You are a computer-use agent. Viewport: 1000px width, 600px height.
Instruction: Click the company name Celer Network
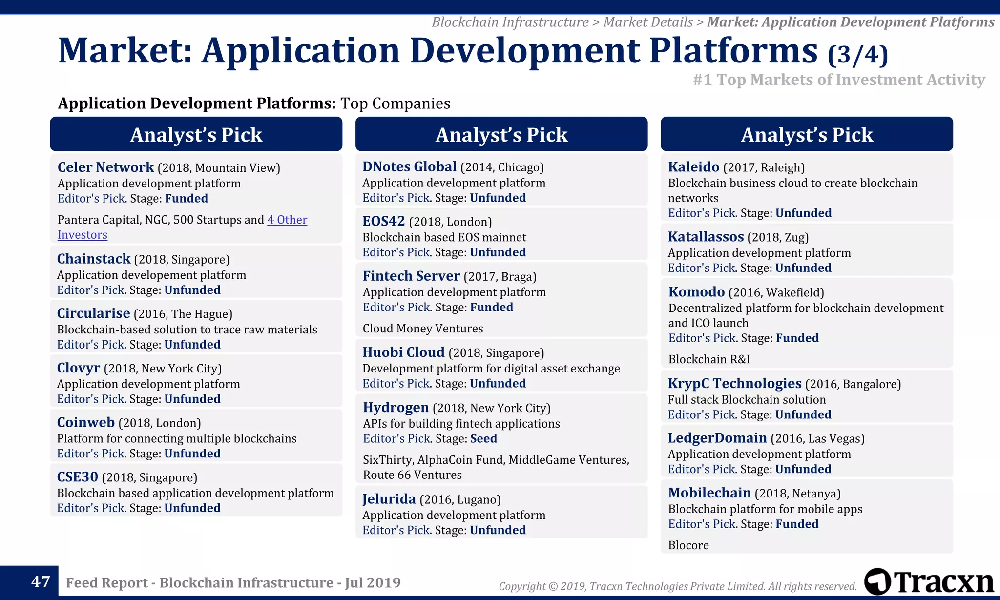[105, 167]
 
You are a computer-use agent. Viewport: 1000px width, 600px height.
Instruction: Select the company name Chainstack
[94, 259]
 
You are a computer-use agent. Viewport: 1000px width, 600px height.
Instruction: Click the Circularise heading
[93, 313]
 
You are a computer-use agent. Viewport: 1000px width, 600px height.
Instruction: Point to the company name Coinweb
[86, 423]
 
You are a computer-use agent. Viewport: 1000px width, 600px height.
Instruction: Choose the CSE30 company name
[78, 477]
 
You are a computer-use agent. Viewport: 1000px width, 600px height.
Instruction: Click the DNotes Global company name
[409, 167]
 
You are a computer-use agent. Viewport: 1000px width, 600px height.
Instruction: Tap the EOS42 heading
[384, 222]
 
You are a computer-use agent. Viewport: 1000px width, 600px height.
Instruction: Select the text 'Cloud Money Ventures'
[423, 329]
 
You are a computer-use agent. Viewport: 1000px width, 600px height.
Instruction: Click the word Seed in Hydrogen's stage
[483, 439]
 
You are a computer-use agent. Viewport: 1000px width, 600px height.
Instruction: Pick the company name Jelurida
[389, 499]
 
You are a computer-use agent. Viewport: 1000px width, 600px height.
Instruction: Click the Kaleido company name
[693, 167]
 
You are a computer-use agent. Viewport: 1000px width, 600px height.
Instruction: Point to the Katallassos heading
[706, 237]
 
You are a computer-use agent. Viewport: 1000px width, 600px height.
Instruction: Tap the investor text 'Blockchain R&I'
[709, 359]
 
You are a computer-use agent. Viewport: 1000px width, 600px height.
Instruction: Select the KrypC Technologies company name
[734, 384]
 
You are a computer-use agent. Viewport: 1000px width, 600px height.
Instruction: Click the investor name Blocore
[688, 545]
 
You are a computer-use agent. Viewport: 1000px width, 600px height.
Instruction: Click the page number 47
[41, 582]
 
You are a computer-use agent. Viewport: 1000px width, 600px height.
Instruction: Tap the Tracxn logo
[929, 582]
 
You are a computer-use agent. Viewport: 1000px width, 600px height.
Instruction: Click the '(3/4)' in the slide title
[858, 55]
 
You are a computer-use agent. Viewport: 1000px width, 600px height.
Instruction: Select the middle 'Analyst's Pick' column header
[501, 134]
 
